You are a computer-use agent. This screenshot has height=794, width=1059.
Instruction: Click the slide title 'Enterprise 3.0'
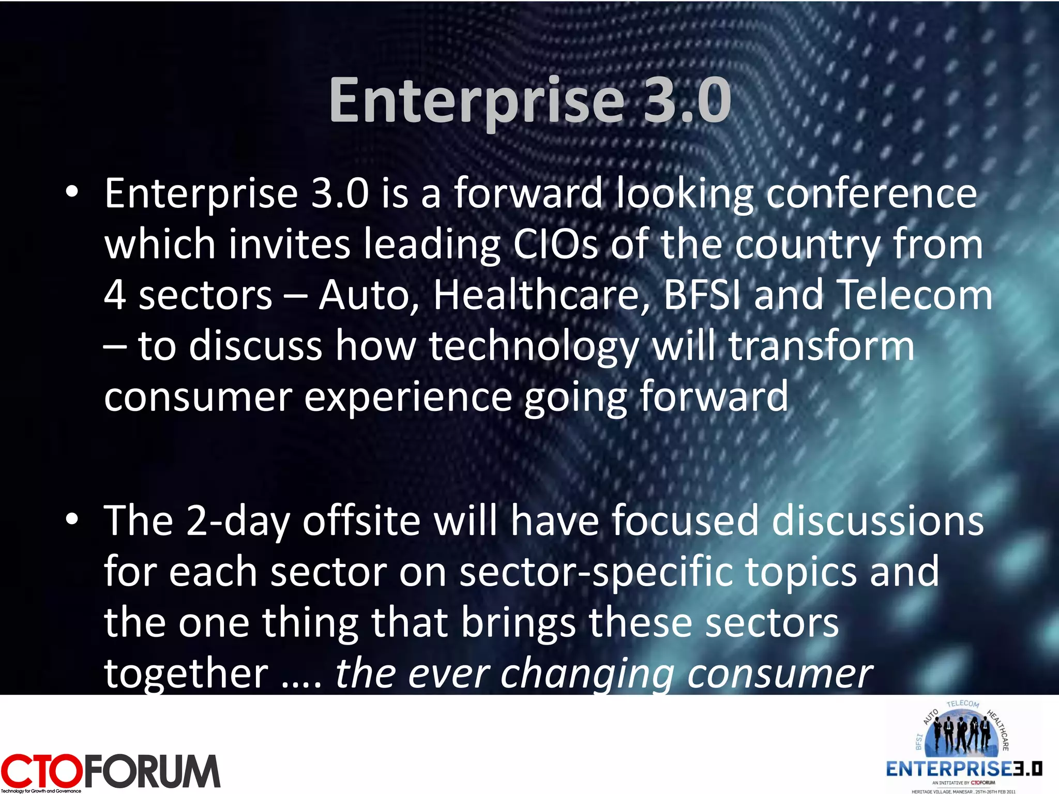[x=530, y=101]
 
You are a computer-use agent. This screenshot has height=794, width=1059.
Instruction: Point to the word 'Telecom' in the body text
[x=914, y=295]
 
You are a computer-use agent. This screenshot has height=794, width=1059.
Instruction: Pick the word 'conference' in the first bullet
[x=871, y=194]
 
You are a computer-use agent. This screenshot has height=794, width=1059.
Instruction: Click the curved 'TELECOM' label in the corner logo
[x=963, y=704]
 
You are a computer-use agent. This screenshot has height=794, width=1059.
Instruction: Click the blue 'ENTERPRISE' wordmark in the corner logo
[x=949, y=769]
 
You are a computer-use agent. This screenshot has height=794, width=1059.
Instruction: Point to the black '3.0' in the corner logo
[x=1027, y=769]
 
